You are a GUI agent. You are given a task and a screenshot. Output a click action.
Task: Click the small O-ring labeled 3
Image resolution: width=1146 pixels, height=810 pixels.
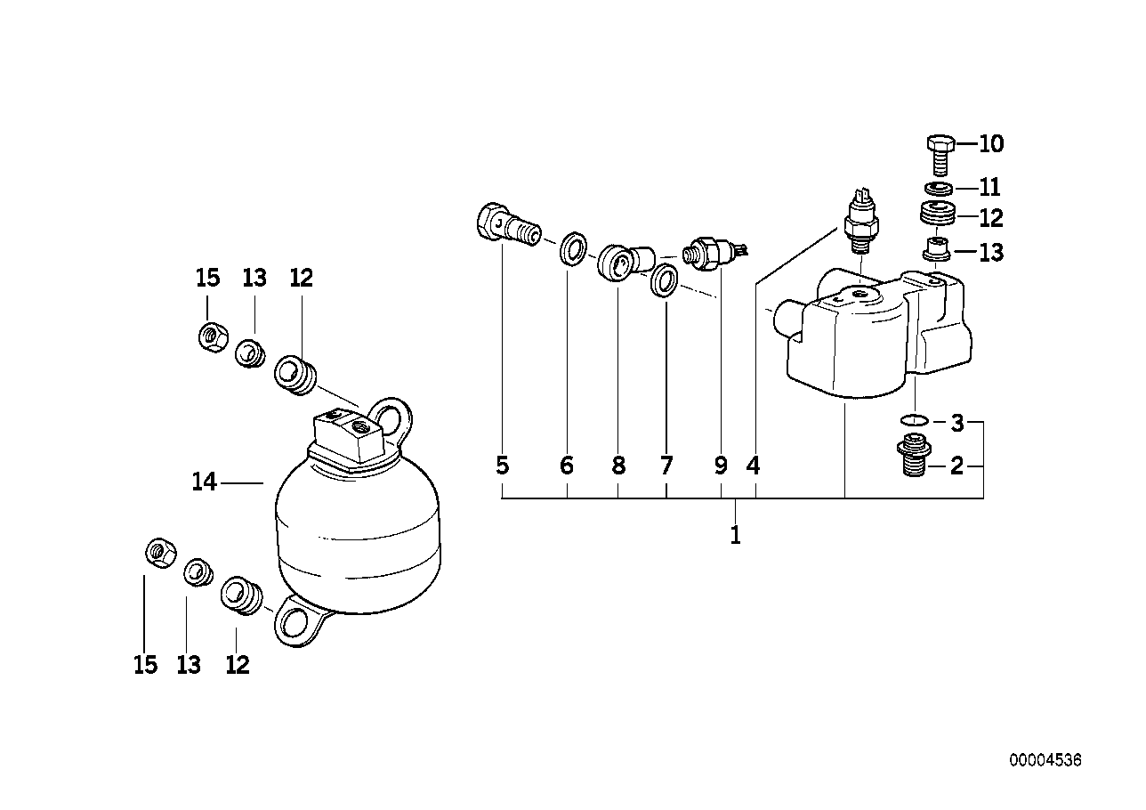coord(914,419)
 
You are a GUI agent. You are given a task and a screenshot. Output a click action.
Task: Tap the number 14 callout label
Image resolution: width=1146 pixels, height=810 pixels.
coord(204,482)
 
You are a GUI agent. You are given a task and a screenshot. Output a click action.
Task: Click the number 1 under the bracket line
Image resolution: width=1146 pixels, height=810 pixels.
coord(735,536)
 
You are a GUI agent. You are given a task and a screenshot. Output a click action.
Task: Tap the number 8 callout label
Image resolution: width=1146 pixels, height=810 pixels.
coord(618,466)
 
